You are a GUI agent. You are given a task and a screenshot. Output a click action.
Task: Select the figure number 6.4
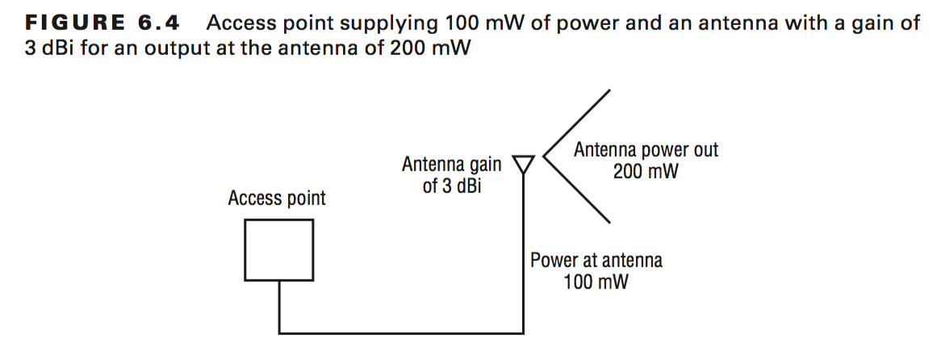157,23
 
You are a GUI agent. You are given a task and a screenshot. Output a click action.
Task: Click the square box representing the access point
279,250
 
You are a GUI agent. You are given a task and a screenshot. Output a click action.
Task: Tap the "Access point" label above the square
277,198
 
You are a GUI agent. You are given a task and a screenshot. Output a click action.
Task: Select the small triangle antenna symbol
524,164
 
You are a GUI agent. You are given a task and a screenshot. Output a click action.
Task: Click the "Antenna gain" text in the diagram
451,165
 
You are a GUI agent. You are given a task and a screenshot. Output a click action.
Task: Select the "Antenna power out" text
646,150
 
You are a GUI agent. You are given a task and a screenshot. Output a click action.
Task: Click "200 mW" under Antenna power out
646,171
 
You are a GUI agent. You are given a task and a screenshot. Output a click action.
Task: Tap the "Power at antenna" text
596,261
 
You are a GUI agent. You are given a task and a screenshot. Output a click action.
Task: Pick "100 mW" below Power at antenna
596,282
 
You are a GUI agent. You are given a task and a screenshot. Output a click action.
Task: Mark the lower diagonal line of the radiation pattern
577,190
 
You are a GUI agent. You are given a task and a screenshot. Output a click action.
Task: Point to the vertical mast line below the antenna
524,250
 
